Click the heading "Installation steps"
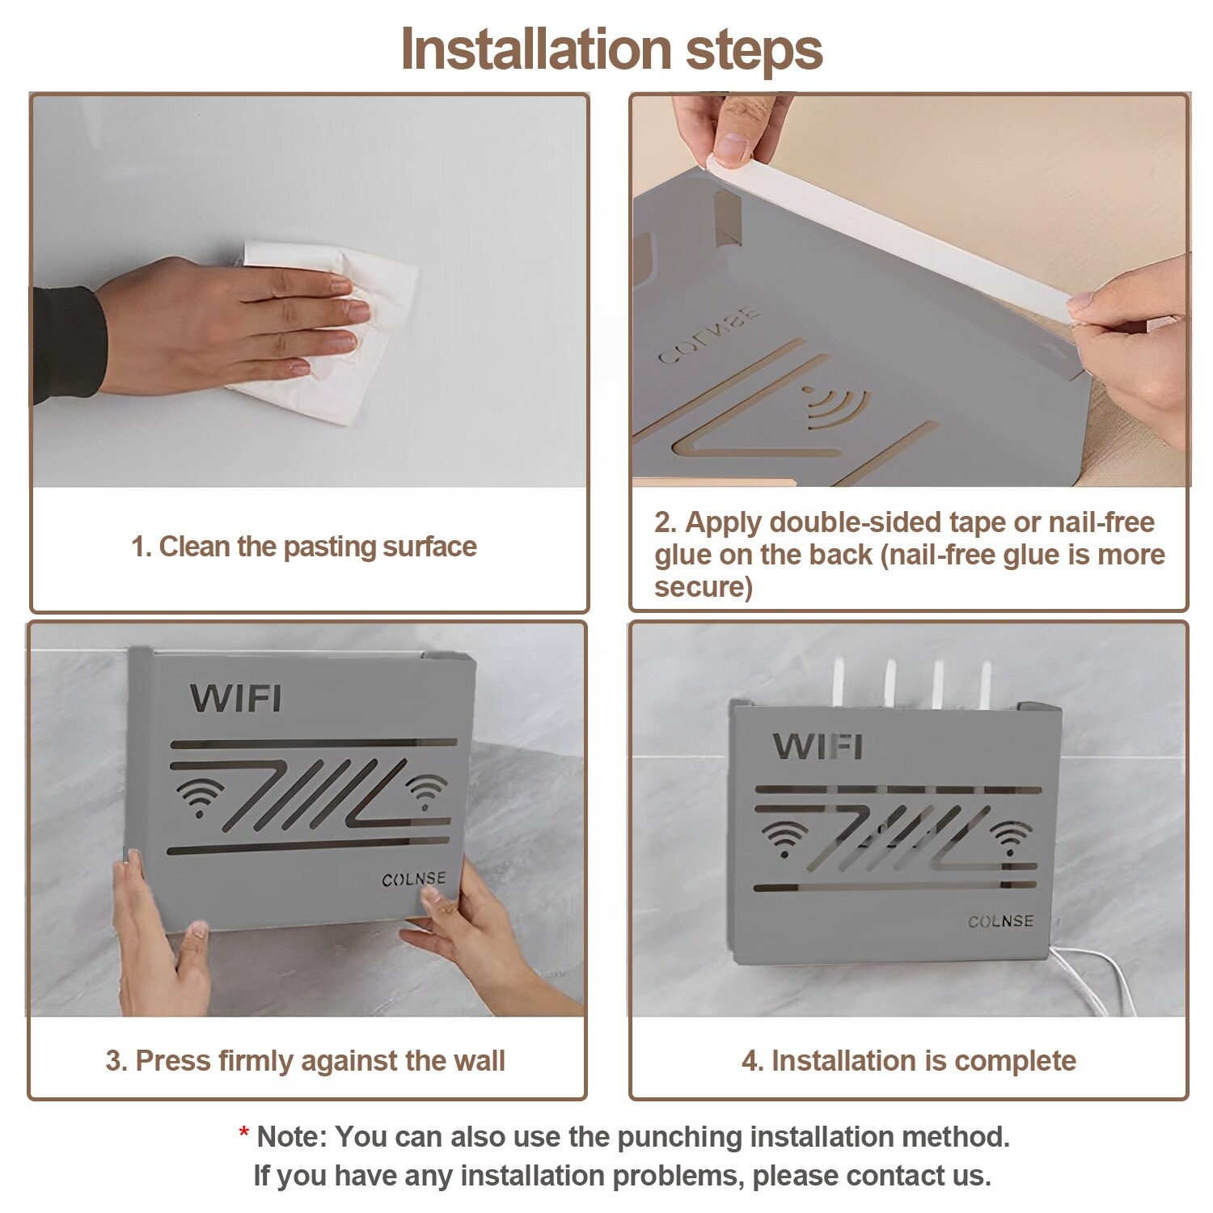[x=611, y=49]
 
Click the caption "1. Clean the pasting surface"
[x=304, y=547]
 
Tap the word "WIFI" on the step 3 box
[x=236, y=699]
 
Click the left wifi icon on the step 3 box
[x=199, y=797]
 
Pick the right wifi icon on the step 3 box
[x=425, y=791]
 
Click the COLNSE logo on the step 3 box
[x=413, y=879]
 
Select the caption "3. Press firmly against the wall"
[x=305, y=1061]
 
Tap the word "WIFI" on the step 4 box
[x=818, y=746]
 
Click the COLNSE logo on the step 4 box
[x=1000, y=921]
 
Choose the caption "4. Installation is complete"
[x=909, y=1061]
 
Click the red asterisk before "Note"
[x=243, y=1133]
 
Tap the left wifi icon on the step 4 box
[x=784, y=838]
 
